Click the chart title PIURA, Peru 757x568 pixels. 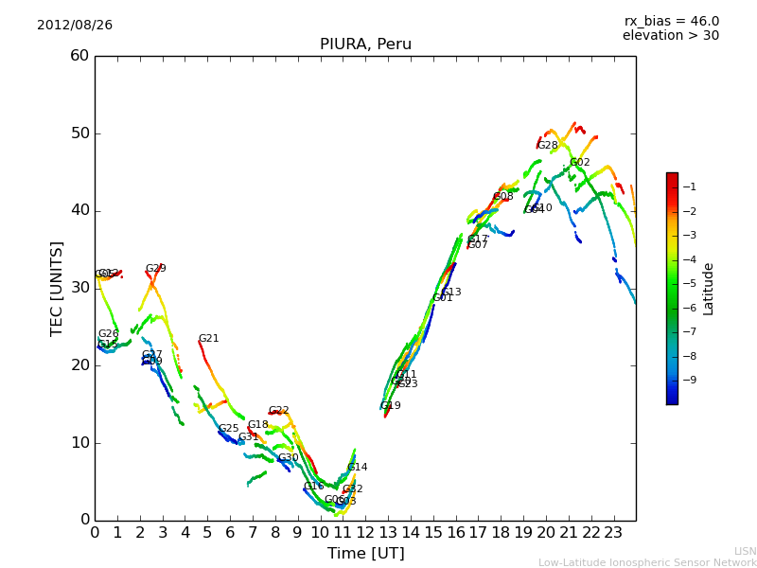point(365,44)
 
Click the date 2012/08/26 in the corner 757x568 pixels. point(75,26)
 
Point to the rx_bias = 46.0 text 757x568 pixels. point(672,22)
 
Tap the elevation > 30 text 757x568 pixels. point(671,36)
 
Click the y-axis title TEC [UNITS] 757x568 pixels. point(58,288)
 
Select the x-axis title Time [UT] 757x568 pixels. point(365,554)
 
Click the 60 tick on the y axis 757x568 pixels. point(79,56)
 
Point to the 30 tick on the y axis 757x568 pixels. point(79,288)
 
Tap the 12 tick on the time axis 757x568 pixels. point(365,533)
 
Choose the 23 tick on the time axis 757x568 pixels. point(613,533)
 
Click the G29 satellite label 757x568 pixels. point(156,269)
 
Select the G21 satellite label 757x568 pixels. point(209,339)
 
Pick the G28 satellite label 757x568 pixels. point(548,146)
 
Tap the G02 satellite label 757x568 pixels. point(580,163)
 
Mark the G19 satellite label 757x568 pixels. point(391,406)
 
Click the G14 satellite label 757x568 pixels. point(358,468)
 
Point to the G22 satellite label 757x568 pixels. point(279,411)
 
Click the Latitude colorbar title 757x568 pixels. point(709,289)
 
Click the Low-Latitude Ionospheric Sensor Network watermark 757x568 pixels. point(647,563)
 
